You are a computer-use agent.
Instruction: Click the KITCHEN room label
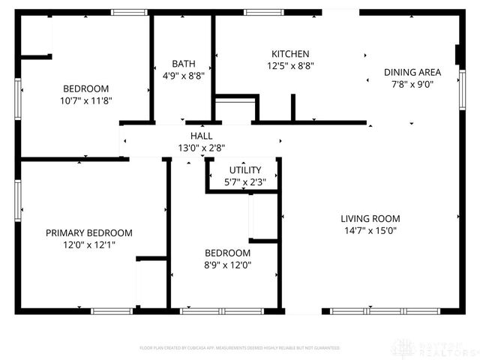click(x=290, y=54)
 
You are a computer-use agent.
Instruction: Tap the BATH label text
click(x=183, y=64)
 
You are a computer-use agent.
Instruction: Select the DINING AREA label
click(x=412, y=72)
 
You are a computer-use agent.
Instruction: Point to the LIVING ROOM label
click(x=367, y=218)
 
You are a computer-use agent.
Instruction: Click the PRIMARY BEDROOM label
click(x=88, y=232)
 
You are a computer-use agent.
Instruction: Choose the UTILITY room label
click(x=245, y=170)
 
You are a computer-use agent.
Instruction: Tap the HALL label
click(x=201, y=136)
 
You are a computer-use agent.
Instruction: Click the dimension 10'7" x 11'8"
click(x=85, y=100)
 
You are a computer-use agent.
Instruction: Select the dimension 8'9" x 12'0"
click(x=227, y=264)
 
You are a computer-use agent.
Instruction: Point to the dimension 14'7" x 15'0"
click(x=367, y=230)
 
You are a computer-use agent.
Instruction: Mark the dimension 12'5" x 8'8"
click(x=290, y=66)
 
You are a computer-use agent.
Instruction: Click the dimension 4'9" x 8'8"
click(x=183, y=75)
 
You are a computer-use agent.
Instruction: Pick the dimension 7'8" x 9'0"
click(x=412, y=84)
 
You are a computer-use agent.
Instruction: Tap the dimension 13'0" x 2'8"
click(x=201, y=148)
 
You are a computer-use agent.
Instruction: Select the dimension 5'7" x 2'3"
click(x=245, y=181)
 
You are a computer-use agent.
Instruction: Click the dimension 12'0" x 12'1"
click(x=88, y=244)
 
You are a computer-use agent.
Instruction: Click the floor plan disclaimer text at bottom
click(x=240, y=348)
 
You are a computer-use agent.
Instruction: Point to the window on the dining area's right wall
click(x=462, y=90)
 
